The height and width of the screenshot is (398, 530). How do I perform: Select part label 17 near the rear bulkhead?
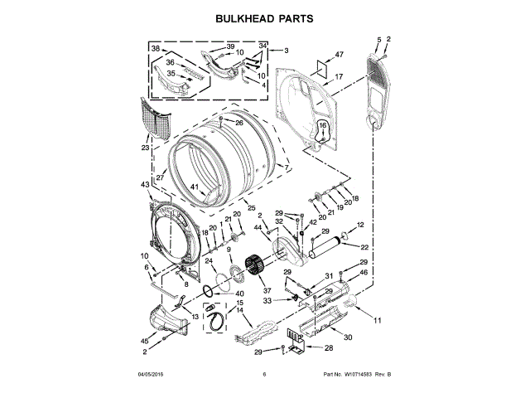tap(338, 77)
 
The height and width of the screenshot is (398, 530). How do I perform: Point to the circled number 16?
tap(323, 125)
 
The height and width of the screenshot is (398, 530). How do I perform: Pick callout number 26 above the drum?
tap(238, 124)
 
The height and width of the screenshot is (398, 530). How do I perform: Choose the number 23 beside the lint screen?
tap(145, 148)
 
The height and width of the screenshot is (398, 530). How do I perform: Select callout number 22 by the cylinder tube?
tap(364, 248)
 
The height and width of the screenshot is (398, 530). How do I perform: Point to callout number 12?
tap(360, 225)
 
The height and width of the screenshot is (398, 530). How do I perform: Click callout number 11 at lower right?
tap(378, 320)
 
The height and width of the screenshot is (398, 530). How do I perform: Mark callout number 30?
tap(348, 337)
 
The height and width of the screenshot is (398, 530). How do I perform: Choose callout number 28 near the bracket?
tap(328, 348)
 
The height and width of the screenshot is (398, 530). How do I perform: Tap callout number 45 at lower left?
tap(144, 341)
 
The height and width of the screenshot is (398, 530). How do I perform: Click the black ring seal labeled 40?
tap(205, 293)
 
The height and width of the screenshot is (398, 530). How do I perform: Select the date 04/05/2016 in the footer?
tap(152, 376)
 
